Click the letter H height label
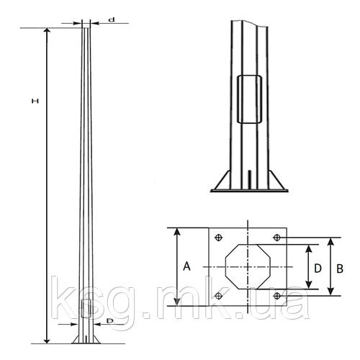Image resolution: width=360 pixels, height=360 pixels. point(35,101)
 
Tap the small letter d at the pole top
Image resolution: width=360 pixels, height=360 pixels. point(112,19)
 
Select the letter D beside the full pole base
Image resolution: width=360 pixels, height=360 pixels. point(109,320)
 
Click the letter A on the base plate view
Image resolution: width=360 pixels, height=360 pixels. point(186,266)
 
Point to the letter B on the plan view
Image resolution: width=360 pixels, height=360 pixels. point(340,269)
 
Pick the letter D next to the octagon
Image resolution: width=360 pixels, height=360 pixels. point(318,269)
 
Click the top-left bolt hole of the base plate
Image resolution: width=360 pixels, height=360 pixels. point(219,238)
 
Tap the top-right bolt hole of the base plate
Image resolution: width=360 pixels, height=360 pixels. point(277,238)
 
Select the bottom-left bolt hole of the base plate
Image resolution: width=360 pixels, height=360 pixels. point(219,296)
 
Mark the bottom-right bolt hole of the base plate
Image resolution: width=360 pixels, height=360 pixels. point(277,296)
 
